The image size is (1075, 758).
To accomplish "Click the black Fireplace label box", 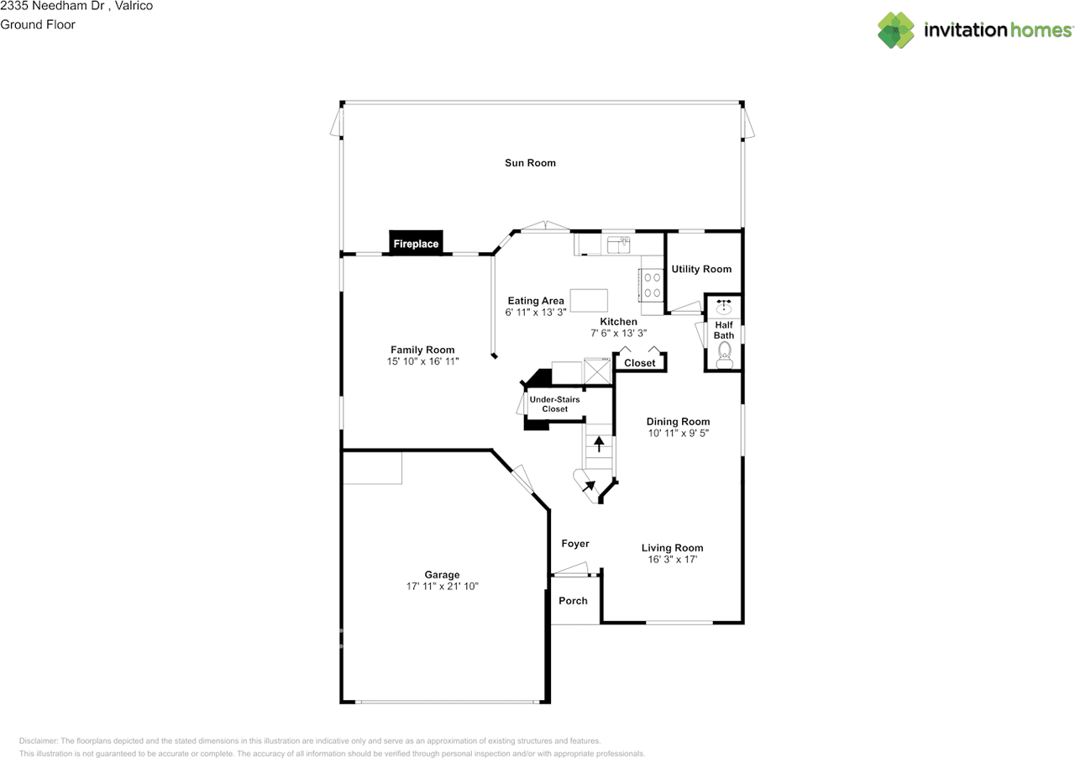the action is pos(416,243).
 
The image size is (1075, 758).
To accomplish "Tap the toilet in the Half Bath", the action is pos(724,355).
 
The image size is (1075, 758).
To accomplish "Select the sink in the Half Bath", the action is pos(724,306).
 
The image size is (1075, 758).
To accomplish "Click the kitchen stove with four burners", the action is pos(651,285).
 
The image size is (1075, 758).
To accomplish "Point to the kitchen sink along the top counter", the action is pos(619,245).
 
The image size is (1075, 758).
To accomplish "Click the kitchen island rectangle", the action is pos(589,300).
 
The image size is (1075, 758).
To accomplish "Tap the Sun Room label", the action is pos(530,163).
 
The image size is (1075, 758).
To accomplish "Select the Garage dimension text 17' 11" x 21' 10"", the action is pos(442,586).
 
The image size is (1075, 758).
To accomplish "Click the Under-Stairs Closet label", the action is pos(555,404).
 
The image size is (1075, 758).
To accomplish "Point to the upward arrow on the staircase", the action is pos(599,444).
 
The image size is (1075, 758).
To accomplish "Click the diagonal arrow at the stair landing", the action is pos(589,486).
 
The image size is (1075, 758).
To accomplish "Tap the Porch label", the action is pos(573,601).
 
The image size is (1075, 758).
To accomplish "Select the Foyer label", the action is pos(575,543).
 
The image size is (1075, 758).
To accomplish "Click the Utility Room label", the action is pos(701,269).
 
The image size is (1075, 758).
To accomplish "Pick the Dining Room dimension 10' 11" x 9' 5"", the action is pos(678,433).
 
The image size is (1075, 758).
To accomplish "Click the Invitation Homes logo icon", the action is pos(896,30).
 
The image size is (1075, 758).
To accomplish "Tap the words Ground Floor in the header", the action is pos(38,24).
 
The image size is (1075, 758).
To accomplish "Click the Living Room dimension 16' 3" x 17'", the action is pos(673,559).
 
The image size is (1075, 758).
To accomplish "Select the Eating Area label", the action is pos(536,301).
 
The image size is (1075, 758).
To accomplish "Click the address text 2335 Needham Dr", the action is pos(52,6).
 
